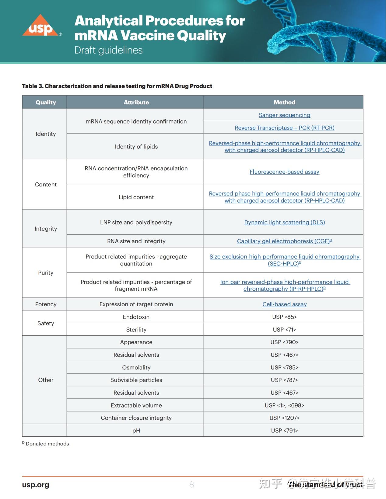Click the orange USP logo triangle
pos(40,26)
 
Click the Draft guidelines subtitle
pos(108,50)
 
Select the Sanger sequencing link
pos(284,115)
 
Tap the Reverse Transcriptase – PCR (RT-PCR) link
pos(284,128)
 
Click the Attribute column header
pos(136,102)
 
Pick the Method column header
pos(284,102)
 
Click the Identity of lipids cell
pos(136,147)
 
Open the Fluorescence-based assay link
pos(284,172)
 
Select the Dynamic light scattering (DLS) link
pos(284,222)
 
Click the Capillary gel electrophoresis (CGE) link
pos(283,241)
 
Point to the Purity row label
pos(46,273)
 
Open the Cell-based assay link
pos(284,304)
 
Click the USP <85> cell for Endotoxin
pos(284,317)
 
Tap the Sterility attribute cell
pos(136,330)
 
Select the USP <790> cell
pos(284,342)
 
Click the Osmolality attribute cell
pos(136,367)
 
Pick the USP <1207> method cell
pos(284,418)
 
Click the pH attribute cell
pos(136,431)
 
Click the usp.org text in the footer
pos(36,485)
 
